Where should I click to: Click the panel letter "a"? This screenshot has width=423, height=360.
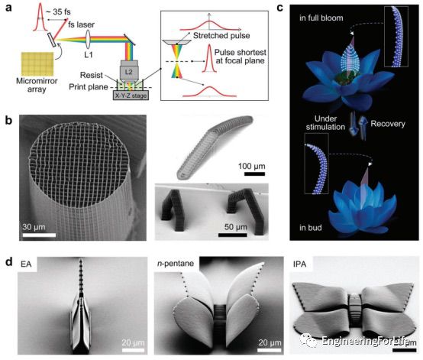8,8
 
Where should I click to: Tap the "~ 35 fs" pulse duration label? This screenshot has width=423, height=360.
58,11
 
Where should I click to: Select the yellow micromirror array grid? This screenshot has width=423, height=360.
37,63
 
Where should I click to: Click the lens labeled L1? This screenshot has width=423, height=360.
89,40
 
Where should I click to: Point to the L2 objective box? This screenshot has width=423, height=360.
129,71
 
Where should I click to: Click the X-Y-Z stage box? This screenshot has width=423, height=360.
131,96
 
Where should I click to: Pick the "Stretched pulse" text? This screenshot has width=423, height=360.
221,36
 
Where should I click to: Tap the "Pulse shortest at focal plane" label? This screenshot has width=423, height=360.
240,57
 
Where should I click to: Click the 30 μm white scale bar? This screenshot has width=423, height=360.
39,235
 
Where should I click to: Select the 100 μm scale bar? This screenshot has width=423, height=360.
254,174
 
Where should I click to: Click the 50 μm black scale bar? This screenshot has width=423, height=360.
233,235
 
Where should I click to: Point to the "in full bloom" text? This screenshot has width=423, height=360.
321,18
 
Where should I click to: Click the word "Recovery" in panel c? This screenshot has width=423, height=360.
388,124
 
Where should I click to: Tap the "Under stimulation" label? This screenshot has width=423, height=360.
325,122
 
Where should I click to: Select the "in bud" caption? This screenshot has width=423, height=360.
311,228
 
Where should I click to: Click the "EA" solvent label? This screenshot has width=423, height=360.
26,264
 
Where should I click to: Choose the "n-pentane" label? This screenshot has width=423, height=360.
176,264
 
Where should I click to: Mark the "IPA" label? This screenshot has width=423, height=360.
300,264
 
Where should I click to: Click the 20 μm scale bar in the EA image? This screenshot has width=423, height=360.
133,350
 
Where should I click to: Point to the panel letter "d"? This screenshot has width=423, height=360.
9,261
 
